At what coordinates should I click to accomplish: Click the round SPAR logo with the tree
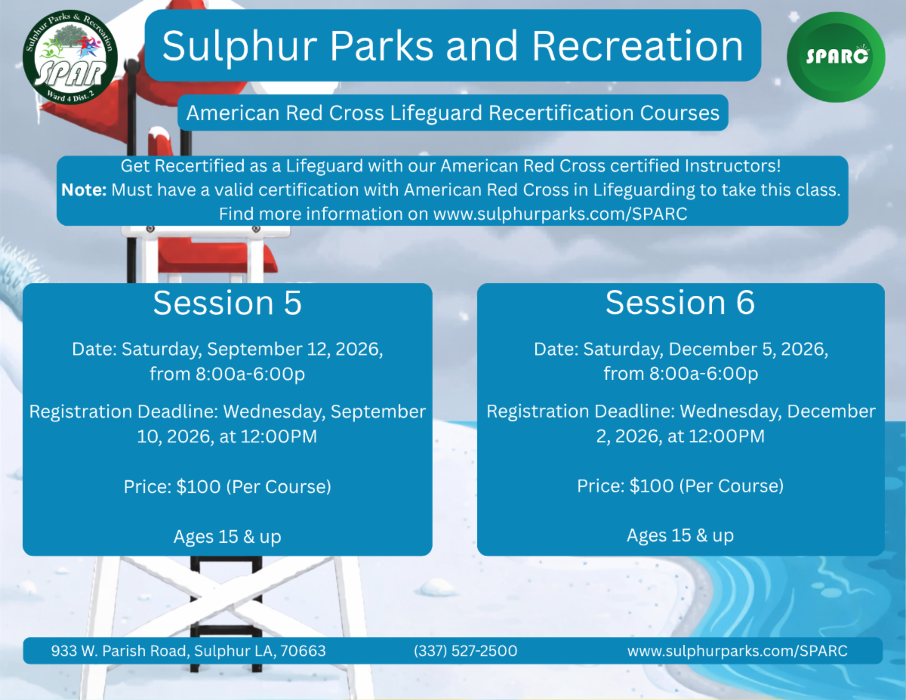[x=70, y=57]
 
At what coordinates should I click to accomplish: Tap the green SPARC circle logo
[x=836, y=57]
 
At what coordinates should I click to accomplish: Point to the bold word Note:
[x=84, y=190]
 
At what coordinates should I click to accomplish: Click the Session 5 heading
[x=227, y=302]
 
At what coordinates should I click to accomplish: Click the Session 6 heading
[x=680, y=302]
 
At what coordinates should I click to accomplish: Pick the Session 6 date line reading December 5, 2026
[x=681, y=350]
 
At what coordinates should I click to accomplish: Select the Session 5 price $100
[x=199, y=486]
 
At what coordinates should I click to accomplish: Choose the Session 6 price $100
[x=652, y=486]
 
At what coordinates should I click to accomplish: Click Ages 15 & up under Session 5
[x=227, y=537]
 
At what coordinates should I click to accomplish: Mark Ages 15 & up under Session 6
[x=680, y=535]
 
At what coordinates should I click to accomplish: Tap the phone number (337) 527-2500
[x=465, y=651]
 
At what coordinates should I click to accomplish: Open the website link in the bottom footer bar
[x=737, y=651]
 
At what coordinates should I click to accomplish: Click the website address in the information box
[x=560, y=214]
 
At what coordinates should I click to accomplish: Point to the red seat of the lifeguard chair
[x=217, y=258]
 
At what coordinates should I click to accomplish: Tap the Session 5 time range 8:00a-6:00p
[x=250, y=374]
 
